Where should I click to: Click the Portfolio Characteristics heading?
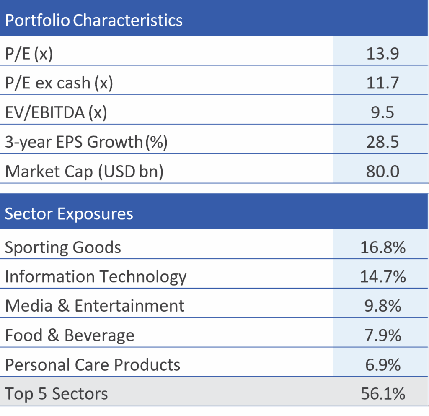click(94, 20)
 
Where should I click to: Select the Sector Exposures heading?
click(69, 214)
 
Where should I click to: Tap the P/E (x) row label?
click(28, 54)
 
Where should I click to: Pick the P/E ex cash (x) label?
click(59, 83)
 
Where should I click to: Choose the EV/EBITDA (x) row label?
click(56, 113)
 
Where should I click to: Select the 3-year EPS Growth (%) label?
click(86, 142)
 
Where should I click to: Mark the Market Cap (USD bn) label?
click(84, 172)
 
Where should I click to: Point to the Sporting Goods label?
click(63, 247)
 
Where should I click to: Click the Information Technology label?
click(96, 277)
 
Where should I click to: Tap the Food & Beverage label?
click(70, 335)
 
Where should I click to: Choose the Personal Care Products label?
click(92, 365)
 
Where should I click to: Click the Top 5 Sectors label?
click(56, 394)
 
